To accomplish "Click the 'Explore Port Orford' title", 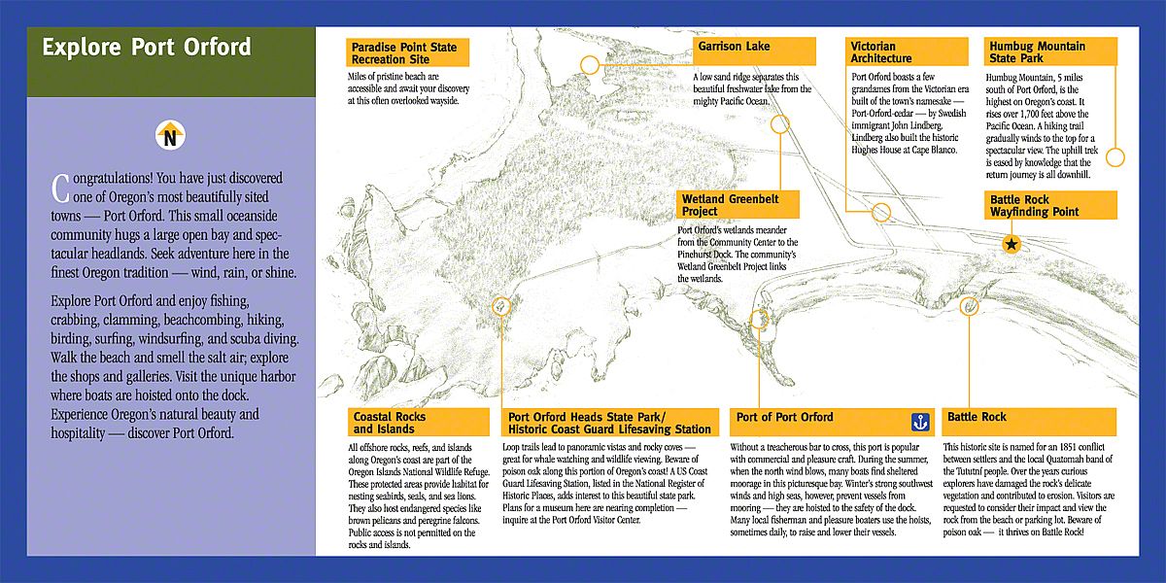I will coord(147,48).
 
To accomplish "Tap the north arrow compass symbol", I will coord(170,135).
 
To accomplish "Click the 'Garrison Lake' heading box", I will coord(734,47).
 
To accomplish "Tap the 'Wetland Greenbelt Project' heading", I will coord(727,204).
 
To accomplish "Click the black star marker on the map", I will coord(1012,245).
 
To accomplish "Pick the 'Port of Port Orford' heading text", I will coord(785,418).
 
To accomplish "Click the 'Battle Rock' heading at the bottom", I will coord(977,418).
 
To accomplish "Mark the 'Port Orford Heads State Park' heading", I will coord(610,423).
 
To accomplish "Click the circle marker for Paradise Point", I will coord(590,65).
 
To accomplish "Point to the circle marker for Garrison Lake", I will coord(780,123).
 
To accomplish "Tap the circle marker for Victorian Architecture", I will coord(882,213).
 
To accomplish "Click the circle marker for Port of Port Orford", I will coord(760,320).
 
